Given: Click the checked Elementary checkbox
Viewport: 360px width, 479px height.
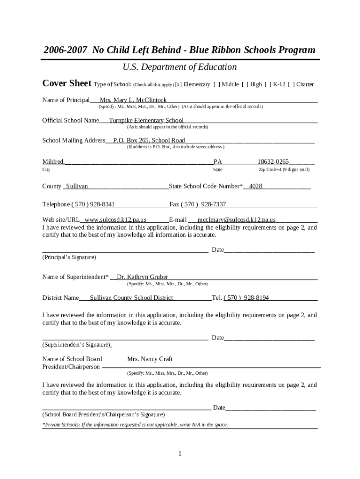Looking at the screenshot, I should pyautogui.click(x=178, y=85).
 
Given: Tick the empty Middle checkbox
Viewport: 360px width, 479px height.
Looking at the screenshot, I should pyautogui.click(x=217, y=85).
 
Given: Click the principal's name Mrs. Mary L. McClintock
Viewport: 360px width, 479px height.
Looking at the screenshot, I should pyautogui.click(x=133, y=100).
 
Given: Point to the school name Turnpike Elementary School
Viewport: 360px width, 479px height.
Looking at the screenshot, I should pyautogui.click(x=146, y=120).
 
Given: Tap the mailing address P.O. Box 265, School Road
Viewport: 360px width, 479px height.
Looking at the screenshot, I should pyautogui.click(x=149, y=140).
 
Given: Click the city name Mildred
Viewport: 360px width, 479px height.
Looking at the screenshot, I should pyautogui.click(x=53, y=162).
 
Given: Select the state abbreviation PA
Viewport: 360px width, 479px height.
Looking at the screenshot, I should pyautogui.click(x=217, y=162).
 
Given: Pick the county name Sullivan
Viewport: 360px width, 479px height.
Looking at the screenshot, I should pyautogui.click(x=77, y=186).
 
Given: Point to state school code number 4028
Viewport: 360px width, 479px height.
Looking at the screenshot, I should pyautogui.click(x=256, y=186).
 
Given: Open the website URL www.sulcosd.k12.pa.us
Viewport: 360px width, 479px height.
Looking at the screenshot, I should pyautogui.click(x=115, y=219).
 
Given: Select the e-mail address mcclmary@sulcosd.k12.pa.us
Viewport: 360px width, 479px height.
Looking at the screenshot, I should pyautogui.click(x=236, y=219).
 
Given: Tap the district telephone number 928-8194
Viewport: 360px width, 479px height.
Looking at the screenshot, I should pyautogui.click(x=247, y=298).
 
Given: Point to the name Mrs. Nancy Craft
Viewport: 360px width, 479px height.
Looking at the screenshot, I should pyautogui.click(x=150, y=359).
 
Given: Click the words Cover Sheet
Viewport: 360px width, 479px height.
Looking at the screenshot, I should pyautogui.click(x=66, y=83).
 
